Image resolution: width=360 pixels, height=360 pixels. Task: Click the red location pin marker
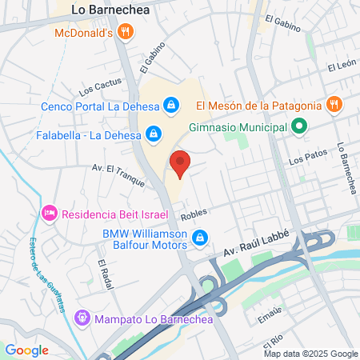click(x=180, y=163)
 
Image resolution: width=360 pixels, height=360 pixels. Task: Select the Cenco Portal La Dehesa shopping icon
click(x=171, y=104)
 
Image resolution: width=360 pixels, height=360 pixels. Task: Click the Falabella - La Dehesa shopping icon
click(x=151, y=134)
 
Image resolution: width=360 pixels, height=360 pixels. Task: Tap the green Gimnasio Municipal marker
click(x=298, y=126)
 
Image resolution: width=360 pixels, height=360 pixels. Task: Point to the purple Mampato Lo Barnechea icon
click(x=82, y=318)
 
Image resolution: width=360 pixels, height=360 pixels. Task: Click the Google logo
click(x=26, y=350)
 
